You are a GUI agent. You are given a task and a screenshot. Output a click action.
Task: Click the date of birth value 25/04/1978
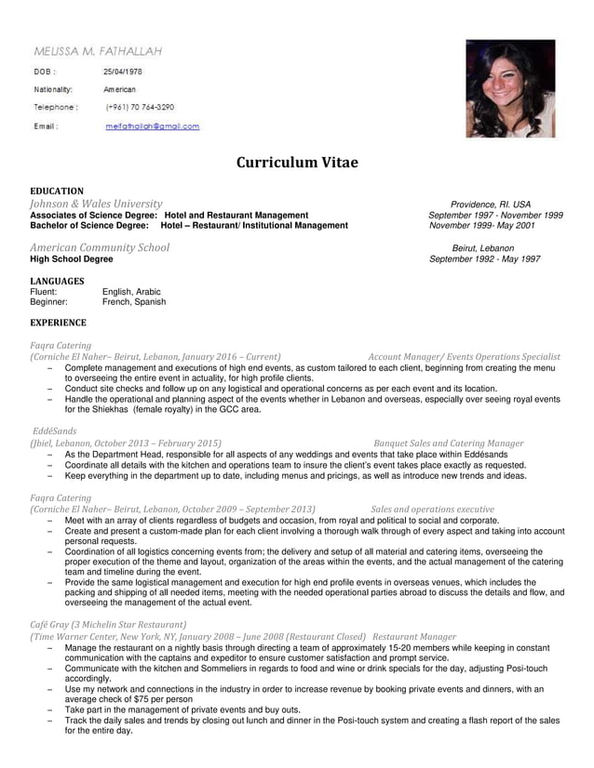122,72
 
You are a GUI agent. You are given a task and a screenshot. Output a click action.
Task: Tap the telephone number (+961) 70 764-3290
140,108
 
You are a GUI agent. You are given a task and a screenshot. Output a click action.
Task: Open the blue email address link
152,126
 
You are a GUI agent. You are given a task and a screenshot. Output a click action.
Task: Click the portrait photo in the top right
509,88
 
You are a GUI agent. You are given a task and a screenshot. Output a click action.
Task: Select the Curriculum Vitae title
296,163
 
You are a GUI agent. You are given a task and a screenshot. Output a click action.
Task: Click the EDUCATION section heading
57,192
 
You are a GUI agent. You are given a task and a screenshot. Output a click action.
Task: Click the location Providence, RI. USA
490,205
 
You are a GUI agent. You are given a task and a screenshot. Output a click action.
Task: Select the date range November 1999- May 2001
481,226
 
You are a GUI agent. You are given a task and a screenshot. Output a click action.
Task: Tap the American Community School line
100,248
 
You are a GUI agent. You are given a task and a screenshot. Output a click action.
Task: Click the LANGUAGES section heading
57,281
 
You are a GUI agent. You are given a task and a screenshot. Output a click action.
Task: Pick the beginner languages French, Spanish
134,302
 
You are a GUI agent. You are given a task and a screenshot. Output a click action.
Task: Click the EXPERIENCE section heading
58,324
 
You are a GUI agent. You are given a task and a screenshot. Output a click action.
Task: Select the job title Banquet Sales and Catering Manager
448,444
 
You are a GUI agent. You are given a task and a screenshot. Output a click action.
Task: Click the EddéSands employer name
55,432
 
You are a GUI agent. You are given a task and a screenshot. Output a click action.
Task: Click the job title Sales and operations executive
432,510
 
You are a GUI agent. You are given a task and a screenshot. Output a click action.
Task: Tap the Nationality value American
119,89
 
